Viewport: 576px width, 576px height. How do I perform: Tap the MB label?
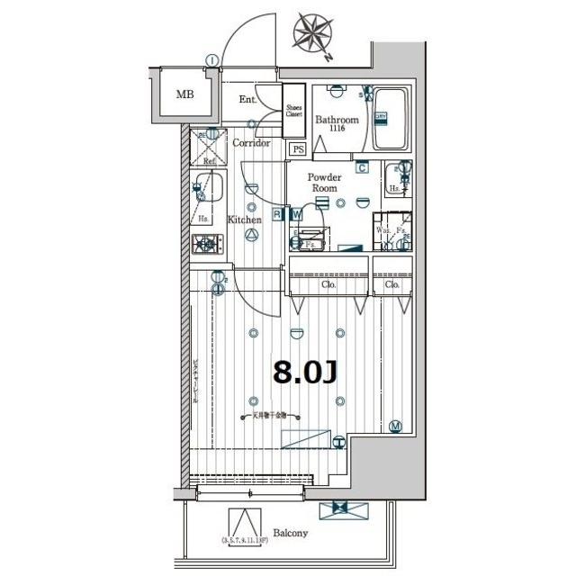184,94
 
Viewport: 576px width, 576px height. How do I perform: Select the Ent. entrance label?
249,100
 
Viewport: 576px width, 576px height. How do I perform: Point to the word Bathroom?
337,120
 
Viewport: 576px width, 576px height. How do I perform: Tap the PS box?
297,148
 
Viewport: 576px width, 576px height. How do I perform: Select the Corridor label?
251,143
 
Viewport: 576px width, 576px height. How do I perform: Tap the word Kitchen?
244,219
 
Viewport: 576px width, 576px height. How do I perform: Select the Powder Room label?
324,183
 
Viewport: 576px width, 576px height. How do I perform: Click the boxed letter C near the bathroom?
361,166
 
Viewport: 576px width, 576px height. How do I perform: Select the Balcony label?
290,533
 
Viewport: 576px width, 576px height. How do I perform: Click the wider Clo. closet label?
329,284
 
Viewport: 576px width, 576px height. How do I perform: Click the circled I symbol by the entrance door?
211,61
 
